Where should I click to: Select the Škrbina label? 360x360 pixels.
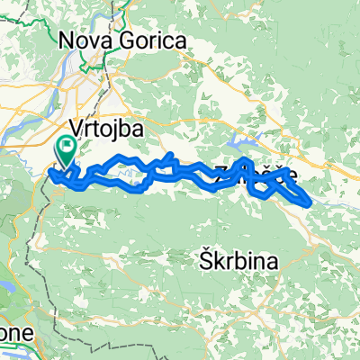[x=238, y=262]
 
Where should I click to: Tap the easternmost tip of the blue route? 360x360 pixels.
[x=313, y=200]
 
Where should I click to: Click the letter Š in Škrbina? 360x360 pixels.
[x=204, y=262]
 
